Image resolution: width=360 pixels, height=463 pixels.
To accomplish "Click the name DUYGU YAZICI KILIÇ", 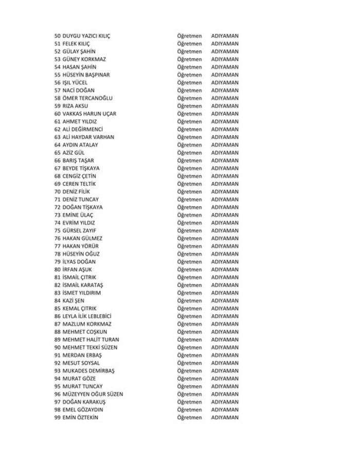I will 86,36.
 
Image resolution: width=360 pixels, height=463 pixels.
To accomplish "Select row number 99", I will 57,418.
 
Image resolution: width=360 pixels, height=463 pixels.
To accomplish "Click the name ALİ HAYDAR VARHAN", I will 88,137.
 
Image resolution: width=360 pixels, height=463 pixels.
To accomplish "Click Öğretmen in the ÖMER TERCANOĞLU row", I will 189,98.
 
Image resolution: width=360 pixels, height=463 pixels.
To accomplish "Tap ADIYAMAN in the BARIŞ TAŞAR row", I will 225,161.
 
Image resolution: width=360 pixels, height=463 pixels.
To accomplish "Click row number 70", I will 57,192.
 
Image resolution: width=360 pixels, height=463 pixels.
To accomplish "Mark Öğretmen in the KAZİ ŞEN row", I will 189,301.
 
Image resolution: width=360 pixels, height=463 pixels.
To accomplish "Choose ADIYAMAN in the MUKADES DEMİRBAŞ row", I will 225,371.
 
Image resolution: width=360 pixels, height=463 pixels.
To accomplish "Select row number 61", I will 57,122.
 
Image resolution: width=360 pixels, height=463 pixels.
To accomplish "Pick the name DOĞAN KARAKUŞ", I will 83,402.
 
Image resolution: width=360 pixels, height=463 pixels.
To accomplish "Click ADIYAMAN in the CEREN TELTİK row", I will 225,184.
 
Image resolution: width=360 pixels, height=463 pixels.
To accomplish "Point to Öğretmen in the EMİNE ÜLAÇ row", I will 189,215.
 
